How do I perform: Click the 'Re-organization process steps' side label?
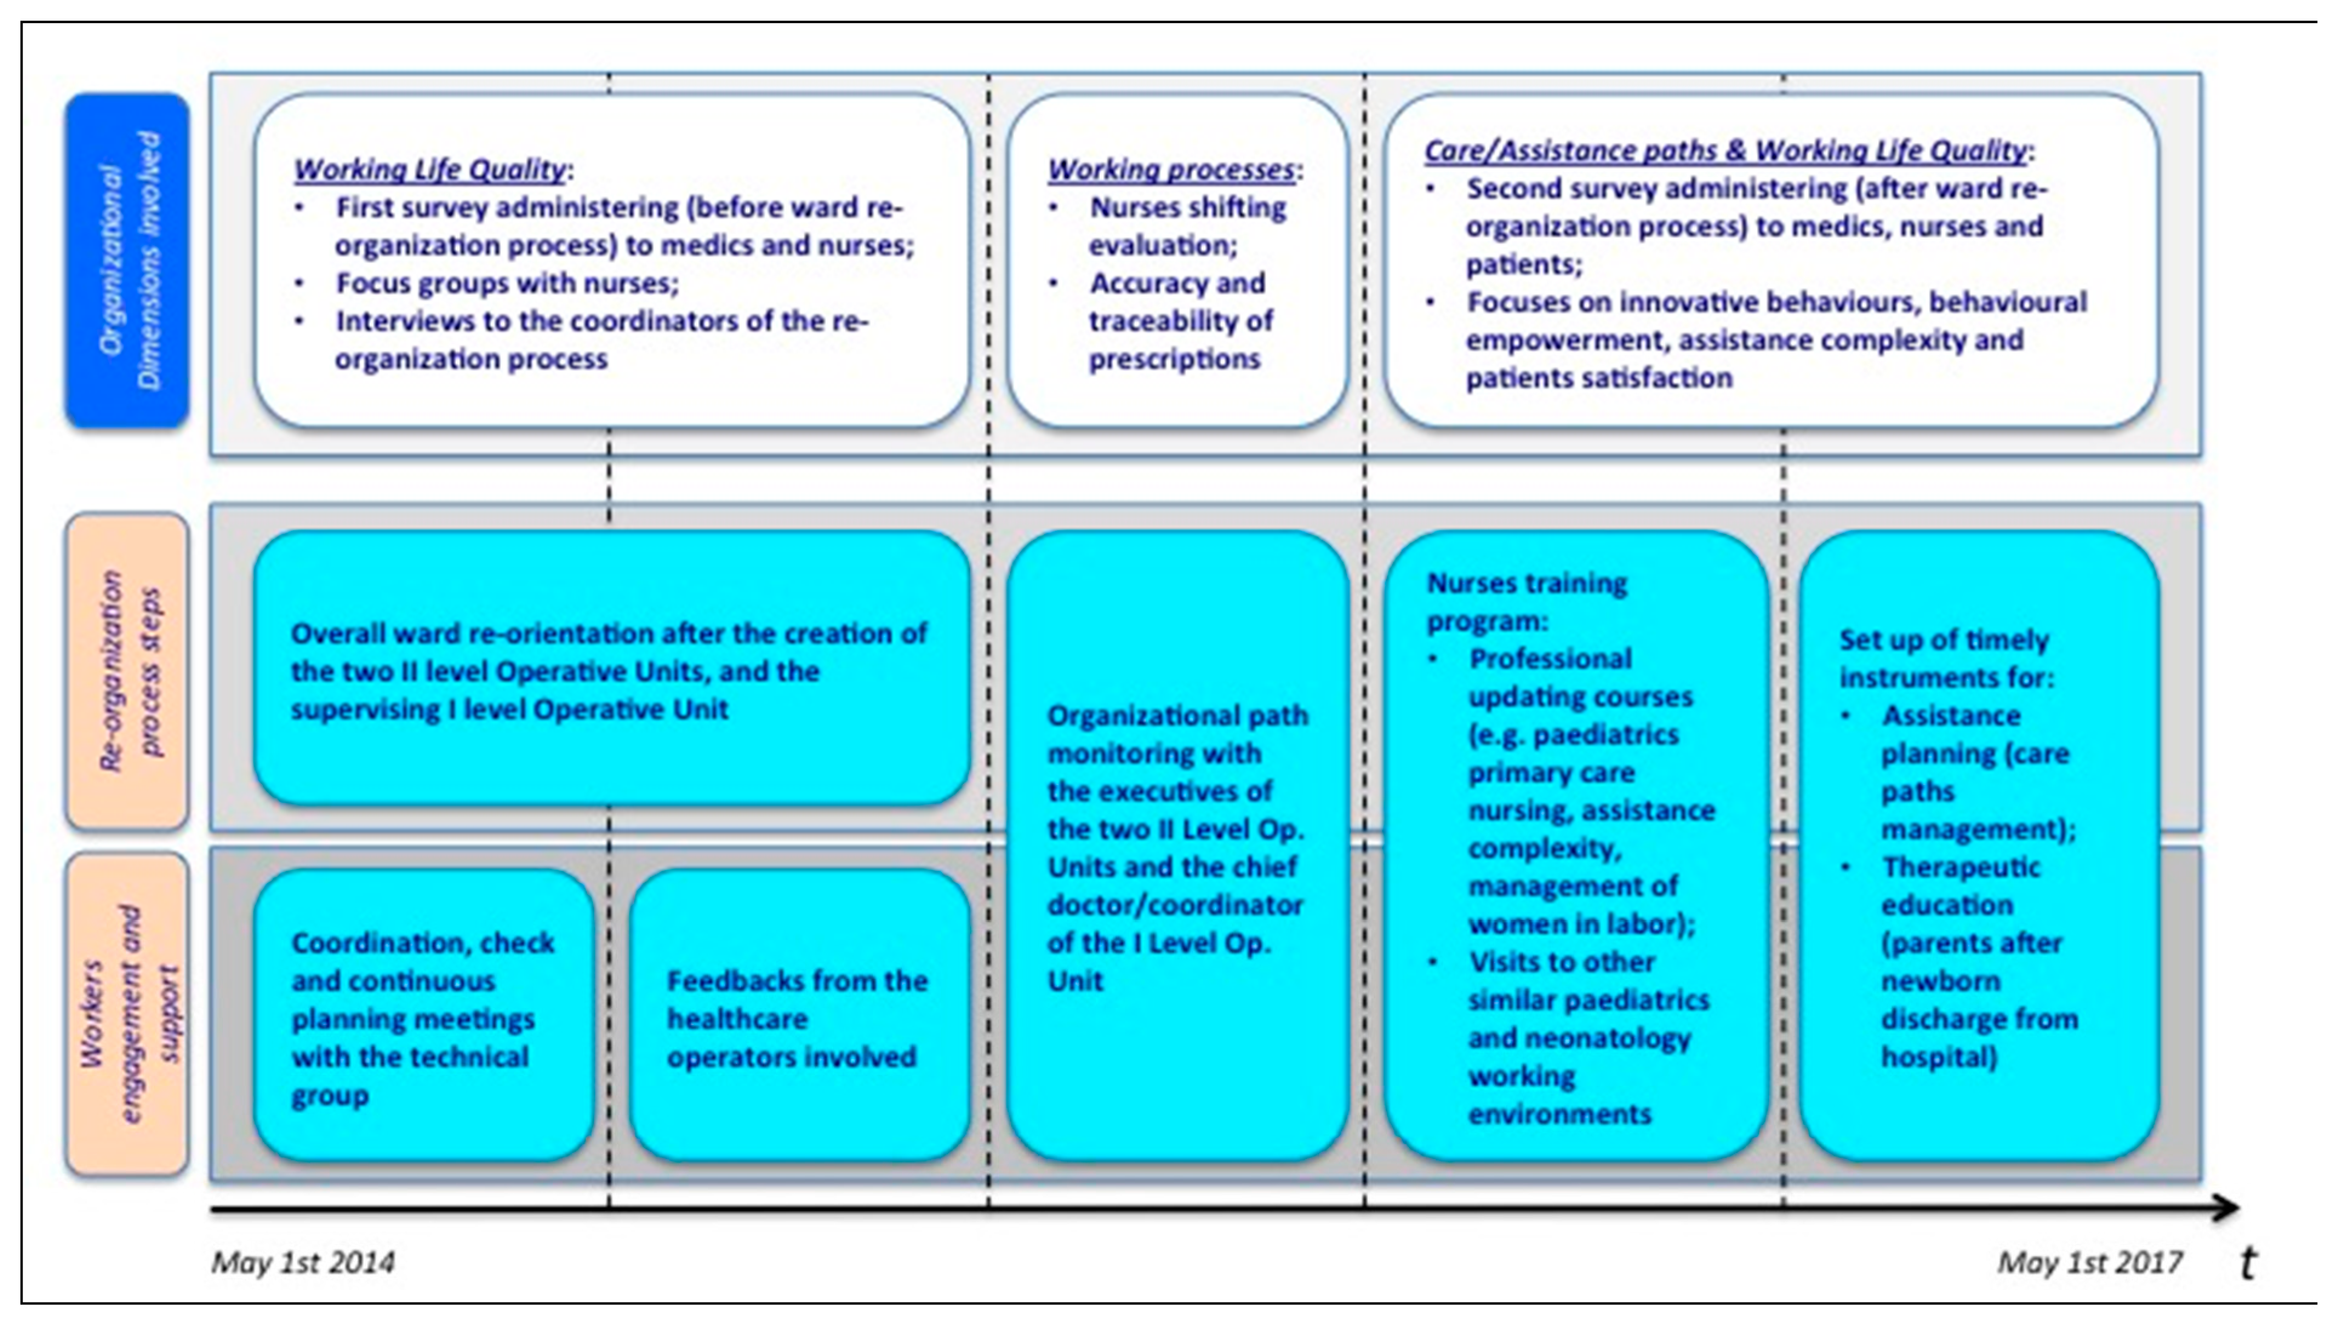[127, 672]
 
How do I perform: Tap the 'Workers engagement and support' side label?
[127, 1013]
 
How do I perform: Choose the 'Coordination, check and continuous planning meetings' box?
[423, 1018]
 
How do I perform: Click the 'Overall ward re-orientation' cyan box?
[609, 671]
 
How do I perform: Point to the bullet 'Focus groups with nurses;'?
[506, 283]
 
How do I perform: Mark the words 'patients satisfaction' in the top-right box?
[1599, 378]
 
